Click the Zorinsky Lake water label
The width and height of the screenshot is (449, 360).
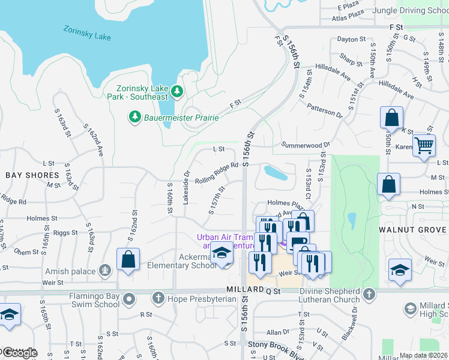[x=87, y=32]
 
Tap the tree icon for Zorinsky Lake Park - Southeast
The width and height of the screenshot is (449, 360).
[x=176, y=91]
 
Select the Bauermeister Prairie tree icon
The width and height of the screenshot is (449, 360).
[x=135, y=116]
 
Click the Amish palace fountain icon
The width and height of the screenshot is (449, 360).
[x=105, y=271]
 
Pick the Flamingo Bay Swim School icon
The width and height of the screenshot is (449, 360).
[x=128, y=298]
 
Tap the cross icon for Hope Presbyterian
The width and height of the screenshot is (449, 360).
[x=158, y=298]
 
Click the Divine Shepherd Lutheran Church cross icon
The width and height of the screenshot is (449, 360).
[x=369, y=295]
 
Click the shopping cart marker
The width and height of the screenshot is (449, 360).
[x=424, y=145]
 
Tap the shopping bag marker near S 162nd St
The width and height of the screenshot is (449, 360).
[x=128, y=260]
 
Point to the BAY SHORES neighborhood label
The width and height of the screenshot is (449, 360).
[x=32, y=175]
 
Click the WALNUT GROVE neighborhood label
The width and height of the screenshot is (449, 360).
[x=413, y=230]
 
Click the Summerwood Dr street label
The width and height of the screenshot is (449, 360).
[x=306, y=145]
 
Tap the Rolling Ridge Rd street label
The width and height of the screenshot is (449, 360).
[x=217, y=172]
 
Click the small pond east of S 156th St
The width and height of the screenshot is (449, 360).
[x=275, y=173]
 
